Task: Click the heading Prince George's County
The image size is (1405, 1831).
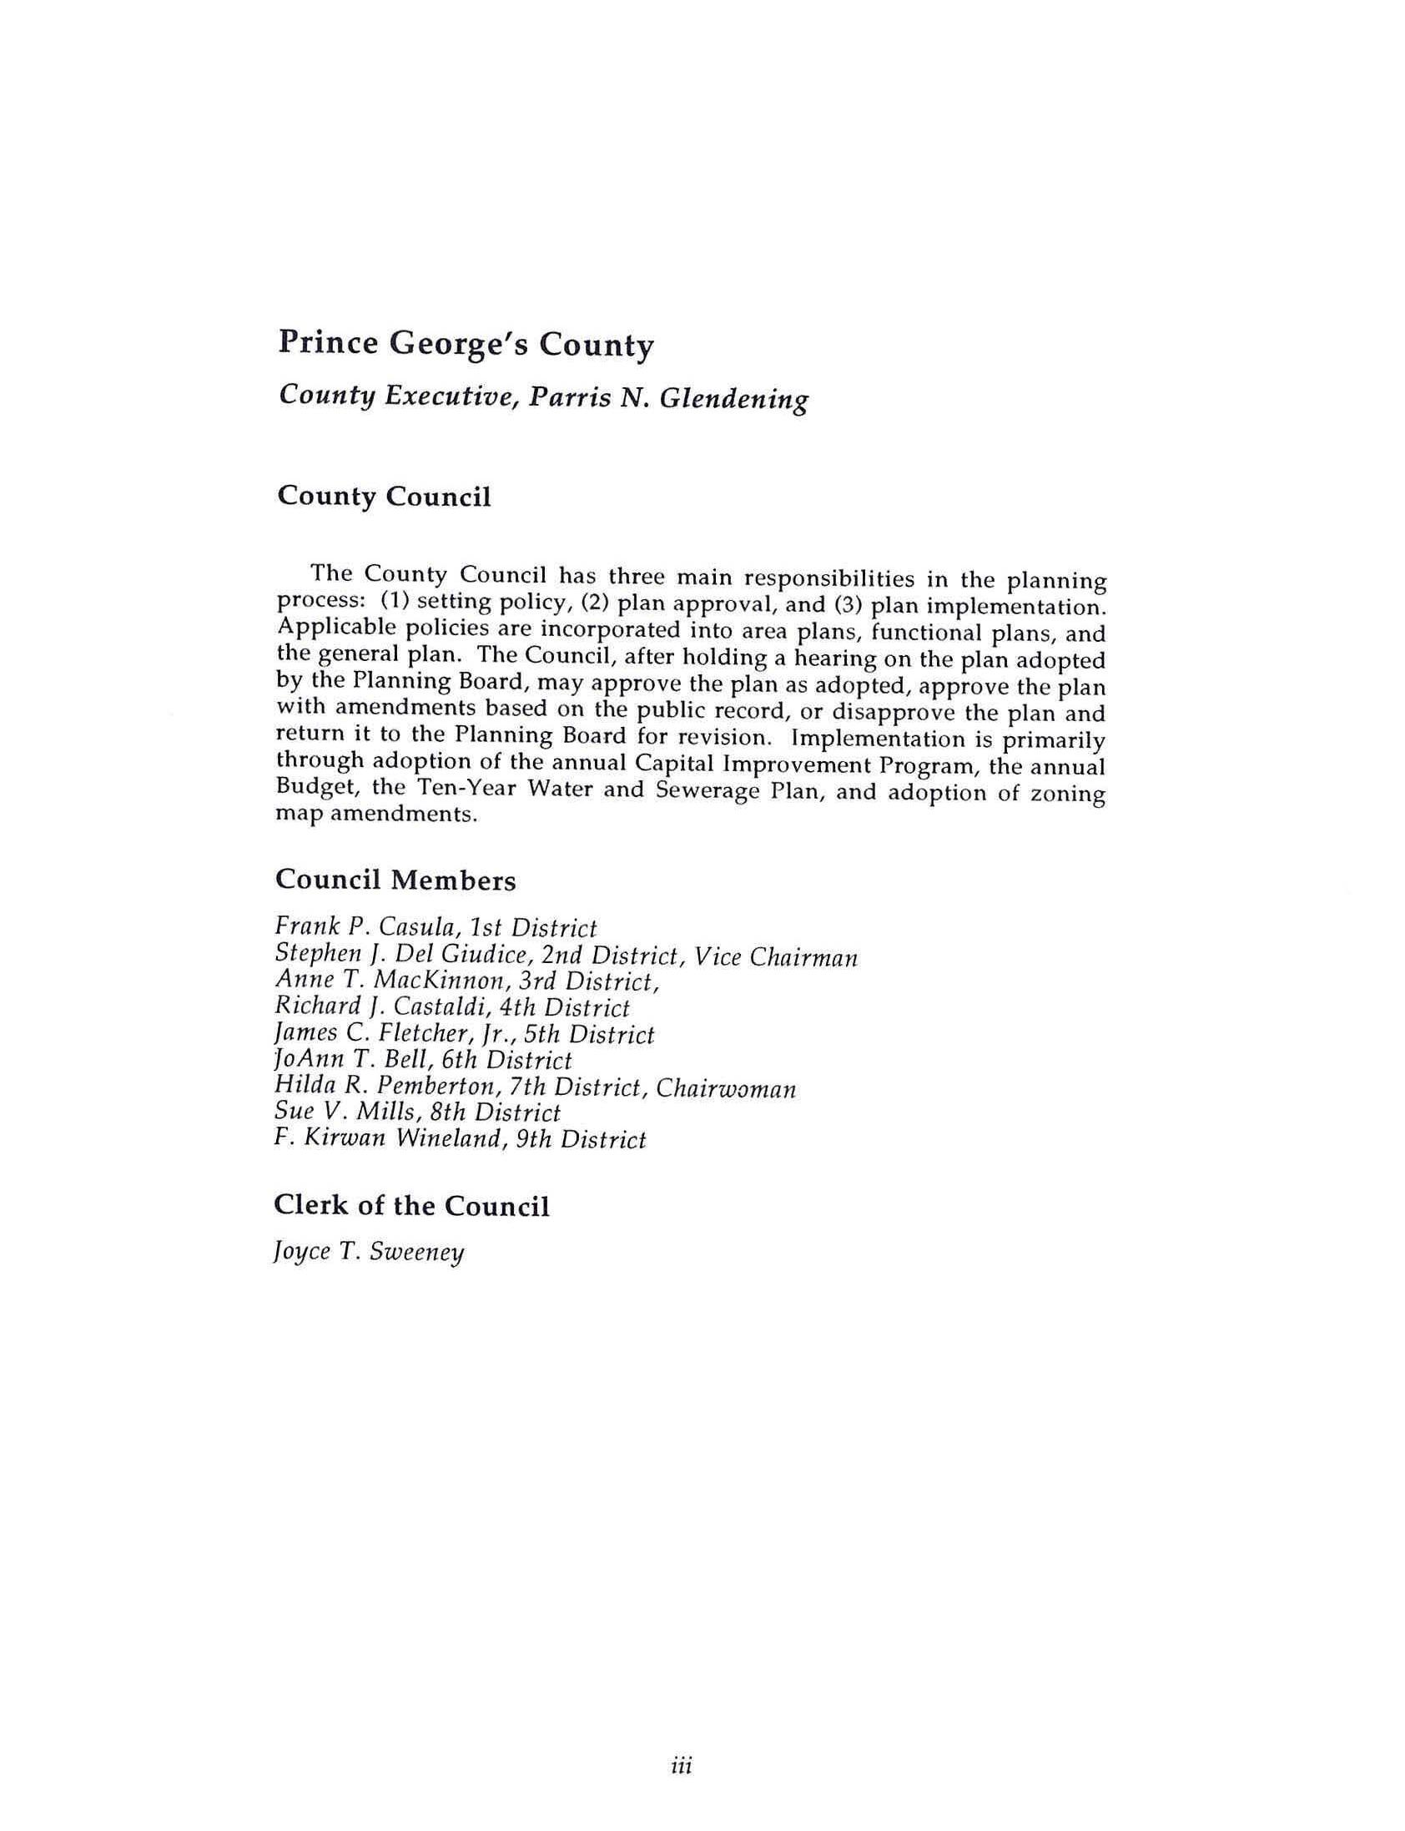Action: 465,344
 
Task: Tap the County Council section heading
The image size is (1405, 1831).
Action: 383,496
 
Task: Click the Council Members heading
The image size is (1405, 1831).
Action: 395,880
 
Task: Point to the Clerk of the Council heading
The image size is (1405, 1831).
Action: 411,1205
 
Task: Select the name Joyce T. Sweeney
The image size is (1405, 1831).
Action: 369,1252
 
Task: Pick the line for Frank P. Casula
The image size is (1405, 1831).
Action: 435,928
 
